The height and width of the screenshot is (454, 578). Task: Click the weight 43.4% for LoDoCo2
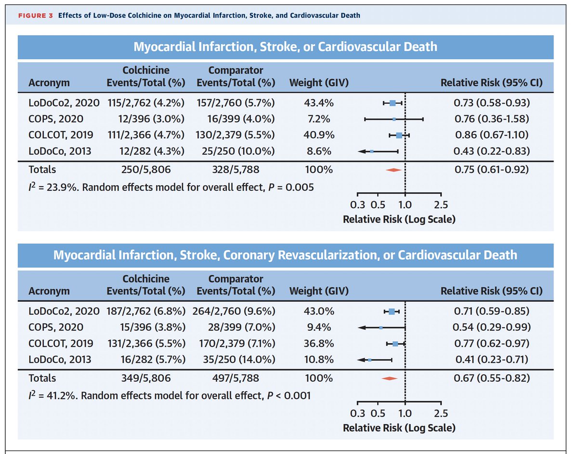pos(318,103)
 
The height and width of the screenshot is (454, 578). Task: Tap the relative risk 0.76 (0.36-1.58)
pos(491,119)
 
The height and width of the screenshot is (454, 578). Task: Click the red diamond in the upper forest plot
pos(394,170)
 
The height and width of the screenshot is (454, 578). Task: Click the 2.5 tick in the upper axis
pos(441,204)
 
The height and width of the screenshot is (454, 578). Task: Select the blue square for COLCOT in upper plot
pos(399,135)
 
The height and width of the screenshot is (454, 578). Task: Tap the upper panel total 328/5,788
pos(236,170)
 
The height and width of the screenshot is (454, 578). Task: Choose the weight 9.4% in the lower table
pos(318,328)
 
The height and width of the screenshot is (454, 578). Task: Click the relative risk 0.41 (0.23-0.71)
pos(491,360)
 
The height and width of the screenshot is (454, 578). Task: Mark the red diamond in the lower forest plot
pos(389,378)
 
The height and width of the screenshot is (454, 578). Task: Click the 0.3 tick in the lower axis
pos(358,413)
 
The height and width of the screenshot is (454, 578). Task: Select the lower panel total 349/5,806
pos(145,378)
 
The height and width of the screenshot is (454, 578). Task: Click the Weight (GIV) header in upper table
pos(318,82)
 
